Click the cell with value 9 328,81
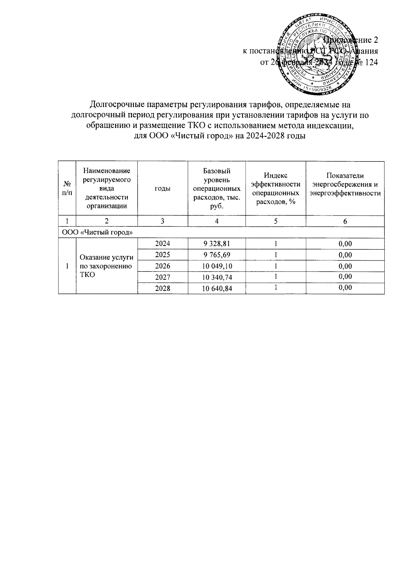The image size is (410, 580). click(217, 244)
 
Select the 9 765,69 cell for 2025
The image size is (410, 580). click(217, 255)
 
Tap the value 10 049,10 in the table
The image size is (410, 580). click(217, 266)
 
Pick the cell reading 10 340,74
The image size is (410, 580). click(217, 277)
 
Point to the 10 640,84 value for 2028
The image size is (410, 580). click(217, 289)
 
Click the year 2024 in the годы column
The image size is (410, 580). click(163, 244)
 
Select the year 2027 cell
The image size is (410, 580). click(163, 277)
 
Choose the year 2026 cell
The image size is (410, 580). click(163, 266)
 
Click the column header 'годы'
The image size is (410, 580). click(163, 188)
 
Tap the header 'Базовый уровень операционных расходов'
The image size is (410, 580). click(217, 188)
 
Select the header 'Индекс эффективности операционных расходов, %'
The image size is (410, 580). click(275, 188)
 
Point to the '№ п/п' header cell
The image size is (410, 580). click(67, 188)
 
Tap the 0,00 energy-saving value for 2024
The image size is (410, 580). click(345, 244)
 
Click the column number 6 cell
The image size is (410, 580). click(345, 221)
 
